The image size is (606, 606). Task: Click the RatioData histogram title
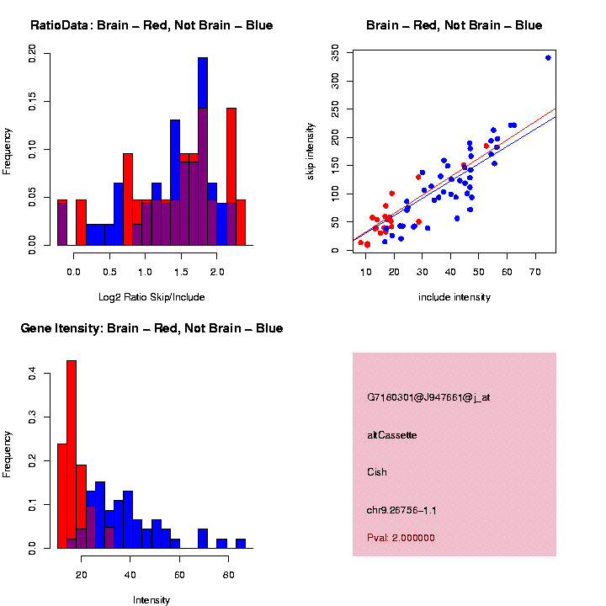tap(151, 25)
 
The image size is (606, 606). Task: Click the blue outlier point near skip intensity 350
tap(548, 57)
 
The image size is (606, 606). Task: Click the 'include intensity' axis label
tap(454, 297)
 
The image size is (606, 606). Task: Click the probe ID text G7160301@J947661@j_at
tap(428, 397)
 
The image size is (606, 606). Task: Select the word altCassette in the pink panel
tap(392, 435)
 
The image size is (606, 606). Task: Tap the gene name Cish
tap(377, 472)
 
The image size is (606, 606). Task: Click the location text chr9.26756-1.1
tap(401, 510)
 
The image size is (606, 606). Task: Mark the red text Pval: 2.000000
tap(401, 537)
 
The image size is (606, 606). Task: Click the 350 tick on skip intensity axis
tap(335, 53)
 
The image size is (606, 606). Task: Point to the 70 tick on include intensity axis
tap(535, 271)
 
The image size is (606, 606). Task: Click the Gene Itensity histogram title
tap(151, 328)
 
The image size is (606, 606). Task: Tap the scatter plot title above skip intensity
tap(454, 25)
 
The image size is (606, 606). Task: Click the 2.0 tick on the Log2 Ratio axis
tap(217, 271)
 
